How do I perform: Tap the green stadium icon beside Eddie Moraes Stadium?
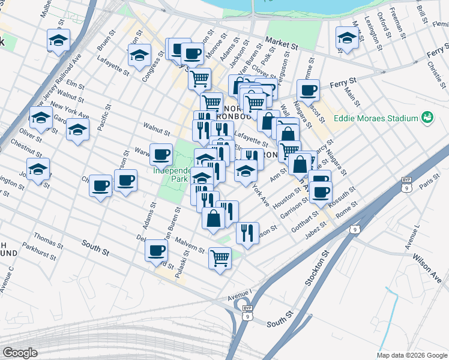click(427, 117)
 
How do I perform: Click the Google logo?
click(20, 353)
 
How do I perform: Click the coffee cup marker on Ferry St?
click(308, 91)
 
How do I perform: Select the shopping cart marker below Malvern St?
click(220, 258)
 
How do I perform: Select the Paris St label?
click(429, 181)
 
